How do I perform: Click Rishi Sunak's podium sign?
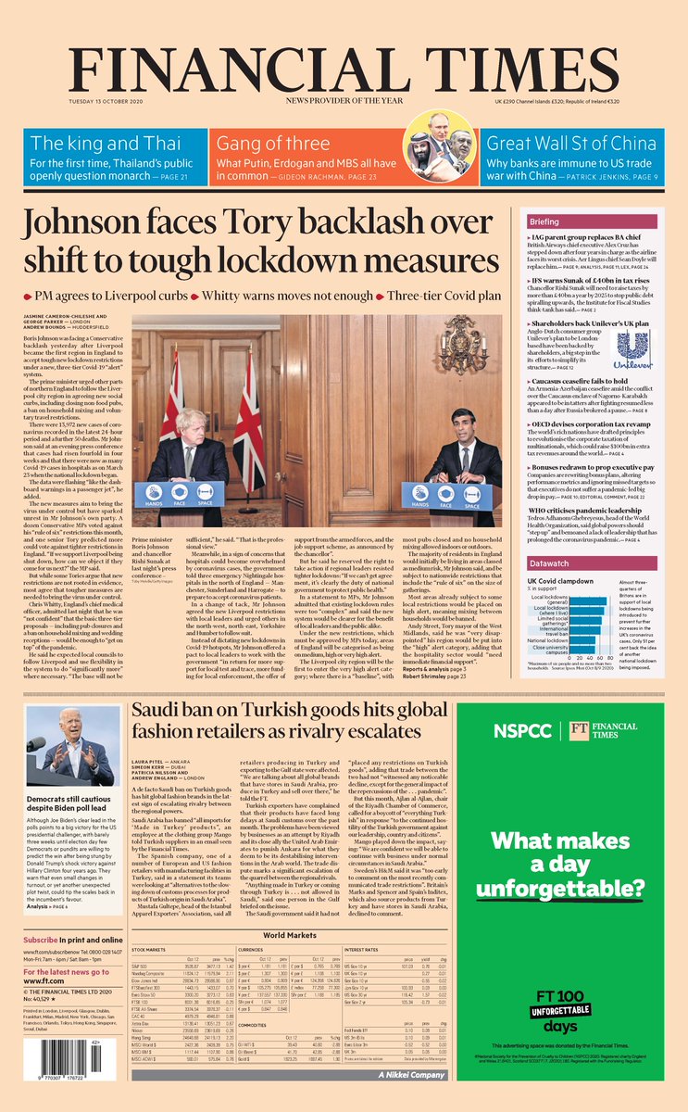click(x=459, y=495)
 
